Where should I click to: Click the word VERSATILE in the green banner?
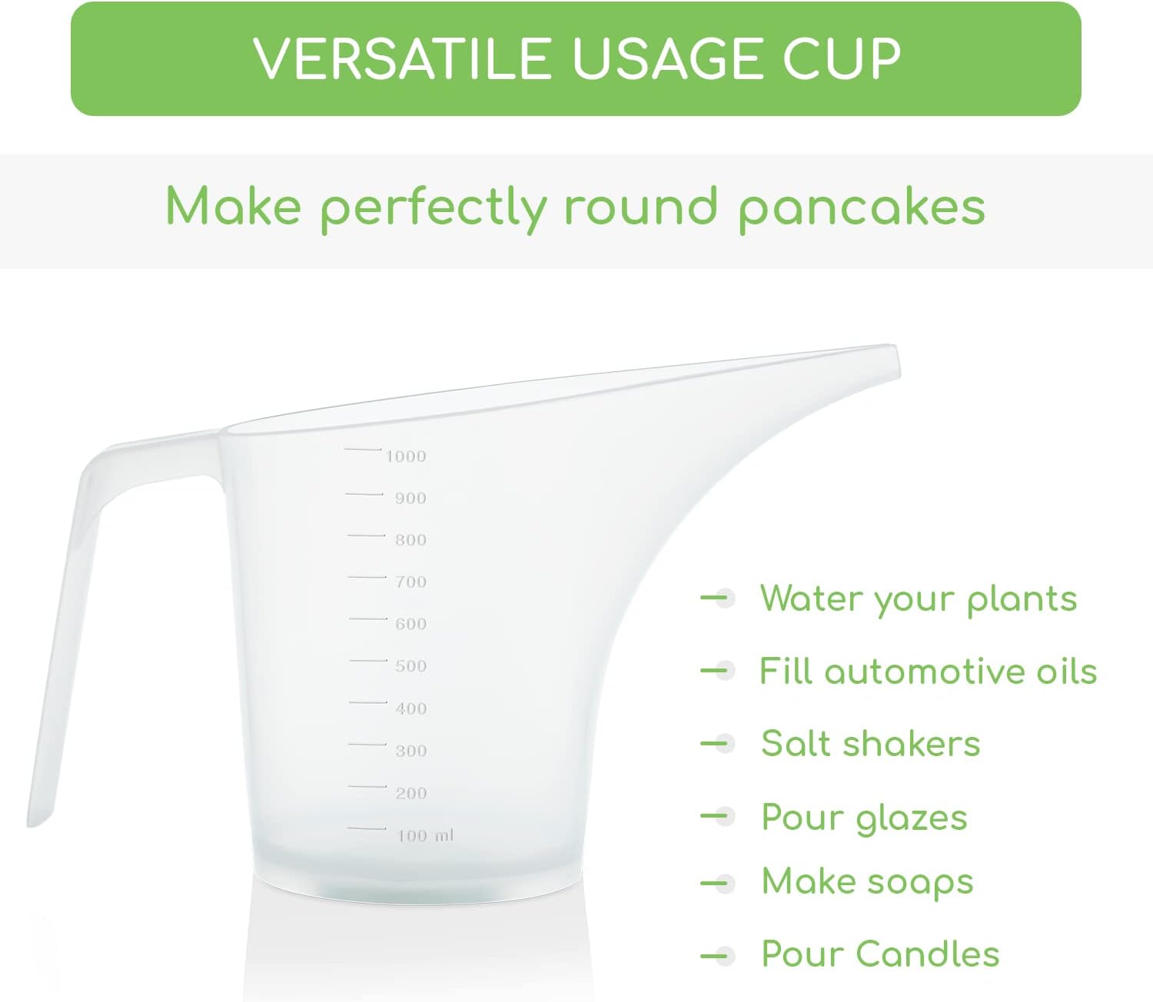pyautogui.click(x=402, y=58)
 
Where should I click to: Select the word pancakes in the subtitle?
pyautogui.click(x=862, y=210)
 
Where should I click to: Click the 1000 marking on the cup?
pyautogui.click(x=406, y=456)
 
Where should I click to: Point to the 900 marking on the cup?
pyautogui.click(x=410, y=498)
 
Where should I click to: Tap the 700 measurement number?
pyautogui.click(x=410, y=582)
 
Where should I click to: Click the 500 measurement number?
pyautogui.click(x=410, y=665)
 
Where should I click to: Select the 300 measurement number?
pyautogui.click(x=410, y=751)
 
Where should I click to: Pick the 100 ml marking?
pyautogui.click(x=426, y=836)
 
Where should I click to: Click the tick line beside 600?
pyautogui.click(x=368, y=619)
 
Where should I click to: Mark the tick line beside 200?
pyautogui.click(x=367, y=786)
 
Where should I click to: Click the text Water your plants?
pyautogui.click(x=919, y=598)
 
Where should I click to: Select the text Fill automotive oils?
pyautogui.click(x=928, y=671)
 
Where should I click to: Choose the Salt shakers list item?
pyautogui.click(x=871, y=744)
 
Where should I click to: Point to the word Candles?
pyautogui.click(x=928, y=954)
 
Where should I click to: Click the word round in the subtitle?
pyautogui.click(x=641, y=207)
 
